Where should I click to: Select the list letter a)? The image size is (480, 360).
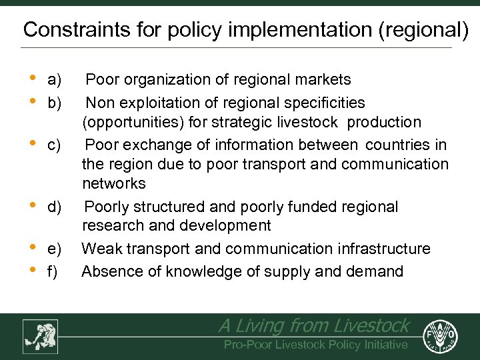pyautogui.click(x=55, y=80)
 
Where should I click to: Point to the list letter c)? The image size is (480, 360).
pyautogui.click(x=55, y=145)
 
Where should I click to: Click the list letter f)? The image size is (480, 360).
pyautogui.click(x=53, y=271)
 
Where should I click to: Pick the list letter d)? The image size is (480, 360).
pyautogui.click(x=55, y=207)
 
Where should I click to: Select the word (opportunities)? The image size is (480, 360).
pyautogui.click(x=135, y=123)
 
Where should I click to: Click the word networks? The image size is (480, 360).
pyautogui.click(x=113, y=183)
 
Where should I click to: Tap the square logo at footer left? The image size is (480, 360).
pyautogui.click(x=39, y=336)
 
